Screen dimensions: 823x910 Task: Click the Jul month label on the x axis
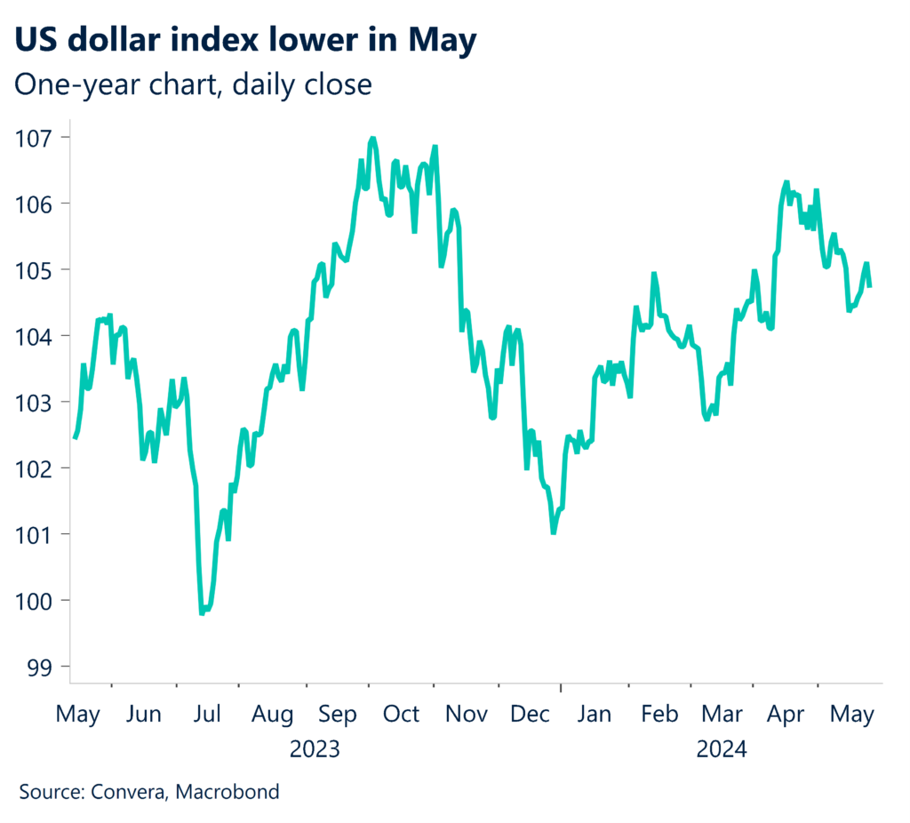point(207,715)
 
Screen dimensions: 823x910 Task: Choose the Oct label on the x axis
point(401,715)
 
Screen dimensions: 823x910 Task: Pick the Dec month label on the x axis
point(530,715)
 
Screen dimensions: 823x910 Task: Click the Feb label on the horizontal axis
point(659,715)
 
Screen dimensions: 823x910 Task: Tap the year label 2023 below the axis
point(315,749)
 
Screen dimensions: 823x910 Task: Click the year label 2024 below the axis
point(722,749)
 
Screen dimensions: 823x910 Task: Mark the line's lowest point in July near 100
point(203,613)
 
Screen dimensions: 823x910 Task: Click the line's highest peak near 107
point(372,139)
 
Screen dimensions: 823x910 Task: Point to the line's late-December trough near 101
point(553,532)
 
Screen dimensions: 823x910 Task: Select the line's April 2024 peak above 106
point(786,182)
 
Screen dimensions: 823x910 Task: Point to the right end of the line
point(869,286)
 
